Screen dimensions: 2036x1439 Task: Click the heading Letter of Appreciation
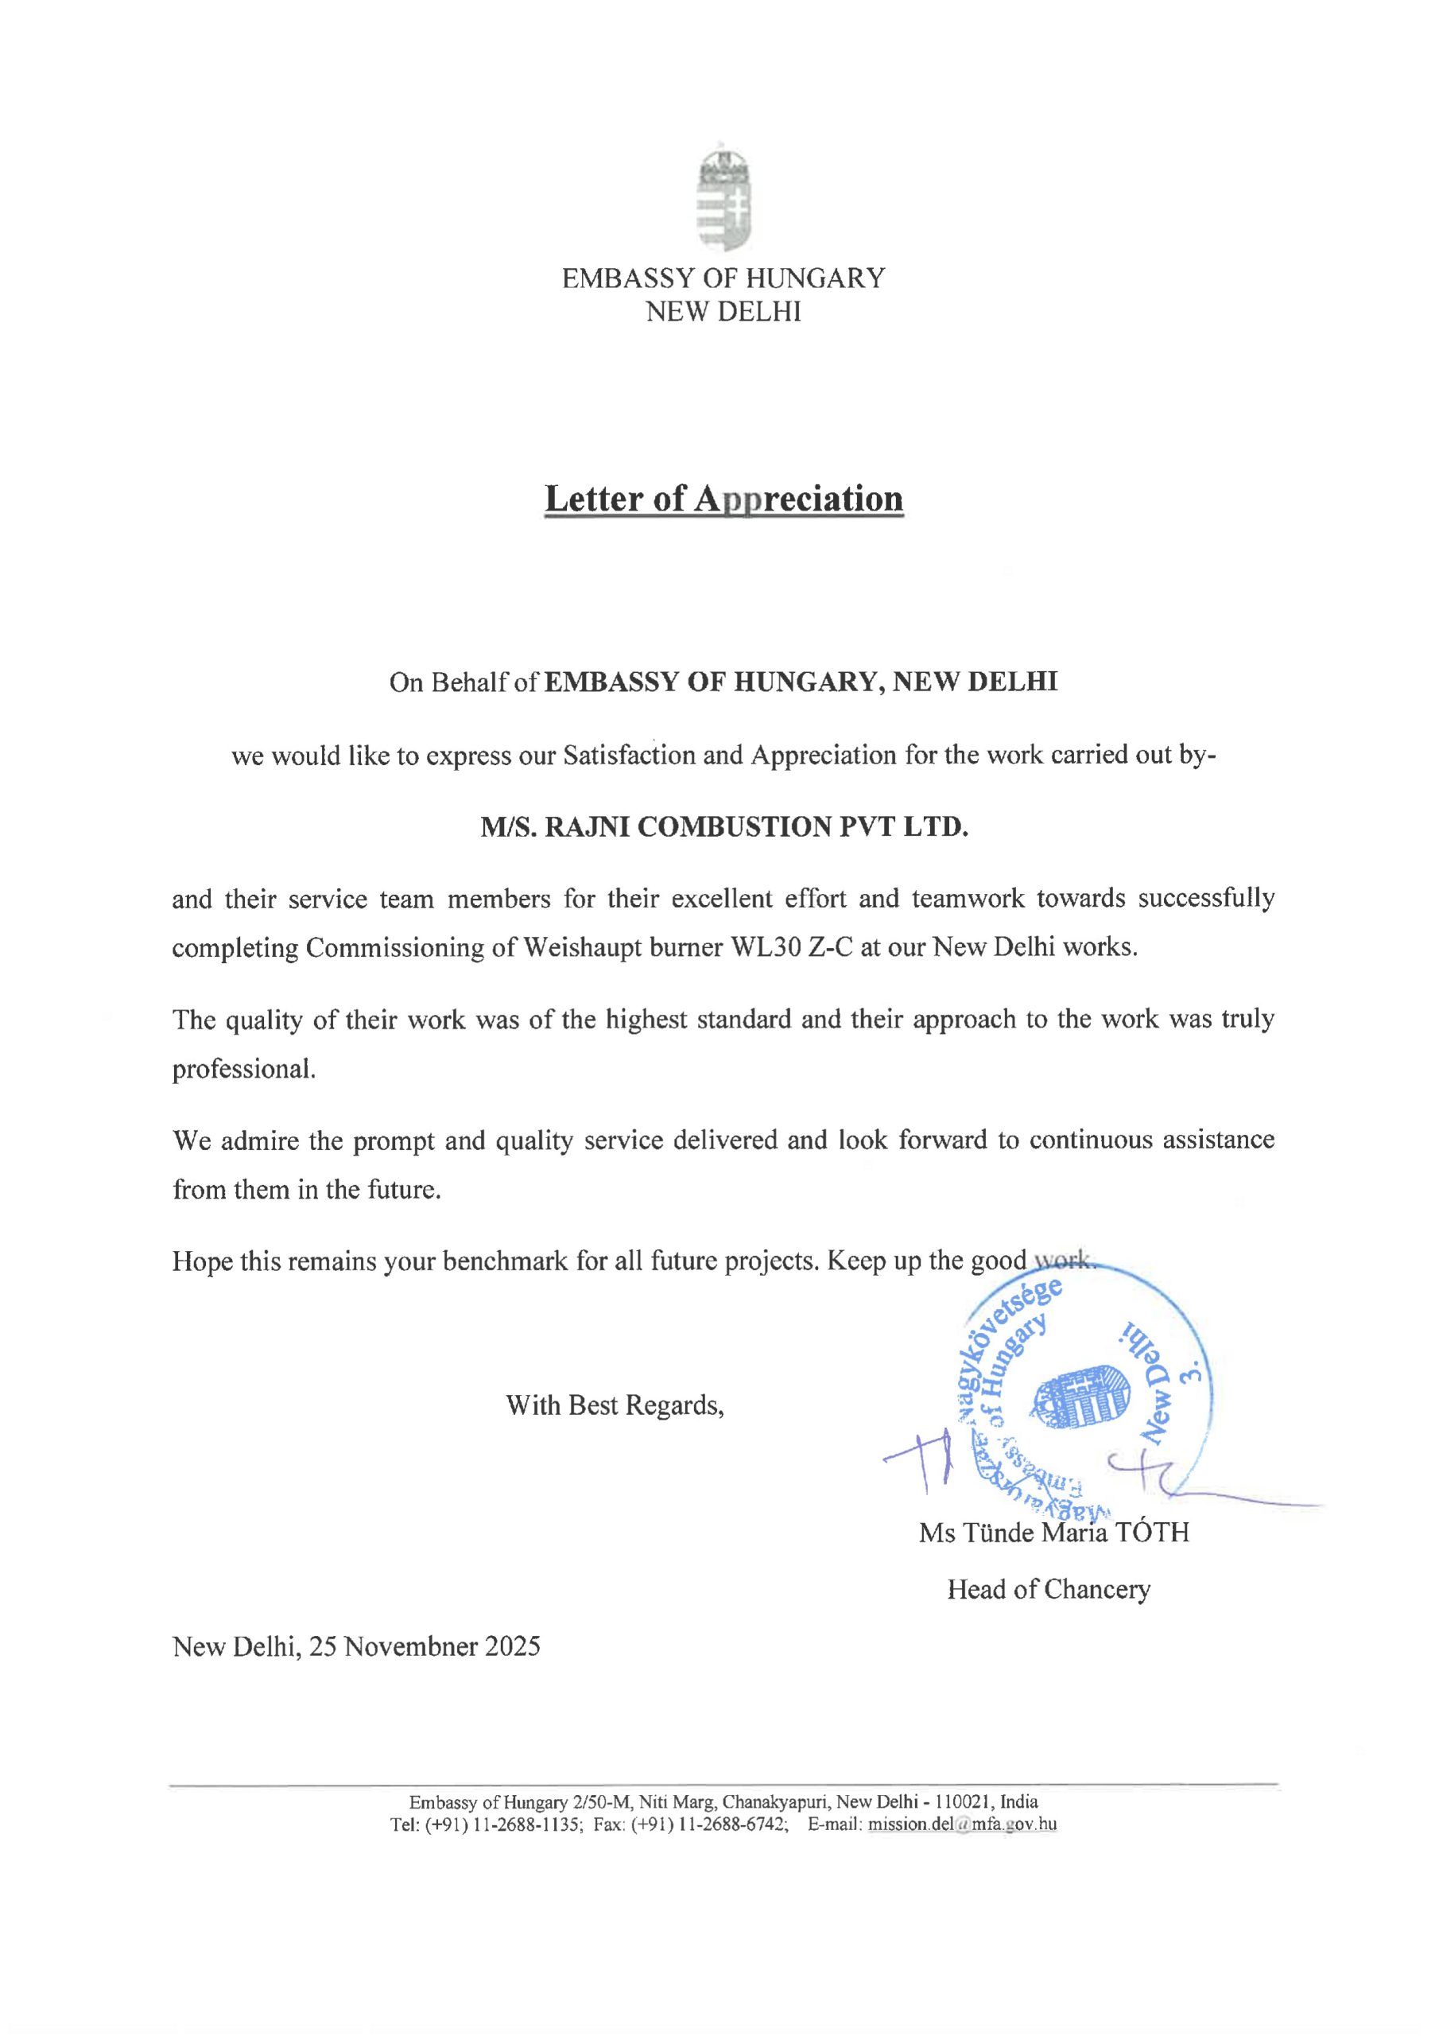723,499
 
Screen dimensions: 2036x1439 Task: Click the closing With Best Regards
615,1405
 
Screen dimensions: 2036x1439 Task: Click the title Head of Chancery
1048,1588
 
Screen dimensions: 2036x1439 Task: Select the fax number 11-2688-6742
726,1824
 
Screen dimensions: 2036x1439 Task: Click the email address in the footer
962,1824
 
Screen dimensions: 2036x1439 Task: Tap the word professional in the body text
243,1069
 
